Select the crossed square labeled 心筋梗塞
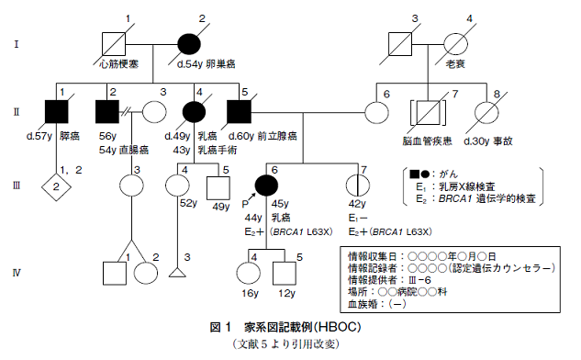tap(112, 42)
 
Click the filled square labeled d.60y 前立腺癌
tap(237, 112)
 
